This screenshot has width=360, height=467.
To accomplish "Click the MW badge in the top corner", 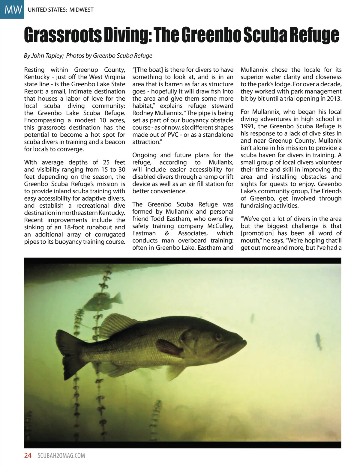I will click(x=12, y=9).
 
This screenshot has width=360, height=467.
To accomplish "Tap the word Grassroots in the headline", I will click(x=62, y=35).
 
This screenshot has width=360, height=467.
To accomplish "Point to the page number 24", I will click(x=28, y=456).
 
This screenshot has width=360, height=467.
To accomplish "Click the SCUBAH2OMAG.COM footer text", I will click(x=61, y=456).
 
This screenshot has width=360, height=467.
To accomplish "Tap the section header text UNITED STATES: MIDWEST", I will click(x=60, y=10).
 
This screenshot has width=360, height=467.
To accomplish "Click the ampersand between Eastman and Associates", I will click(x=167, y=233).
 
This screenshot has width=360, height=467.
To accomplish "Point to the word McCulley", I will click(x=220, y=226).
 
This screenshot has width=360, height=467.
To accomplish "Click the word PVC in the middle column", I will click(x=172, y=135).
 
